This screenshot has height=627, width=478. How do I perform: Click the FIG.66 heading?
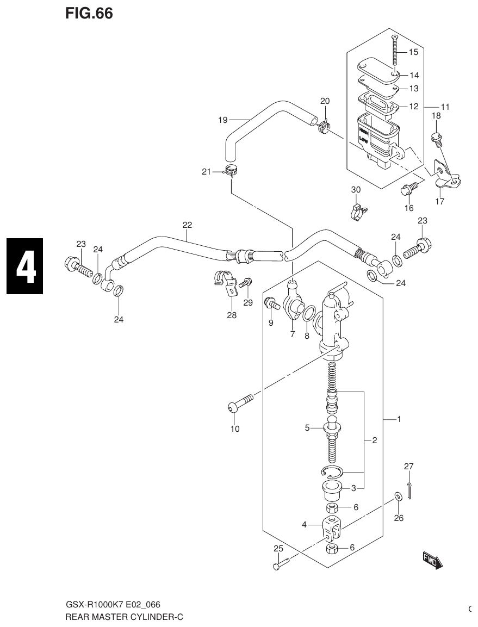click(x=89, y=14)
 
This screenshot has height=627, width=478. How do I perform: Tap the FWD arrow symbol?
click(x=433, y=560)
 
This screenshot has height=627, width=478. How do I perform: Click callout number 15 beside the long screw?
click(x=413, y=52)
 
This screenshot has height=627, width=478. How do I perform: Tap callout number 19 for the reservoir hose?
click(x=222, y=120)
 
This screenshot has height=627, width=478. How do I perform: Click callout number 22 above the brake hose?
click(x=187, y=225)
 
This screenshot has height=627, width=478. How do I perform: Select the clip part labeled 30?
click(x=356, y=211)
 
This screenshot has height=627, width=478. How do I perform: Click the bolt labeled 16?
click(x=408, y=189)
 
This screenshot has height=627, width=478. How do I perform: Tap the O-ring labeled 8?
click(x=308, y=314)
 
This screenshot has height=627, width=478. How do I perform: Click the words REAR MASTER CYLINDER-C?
click(x=119, y=617)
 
